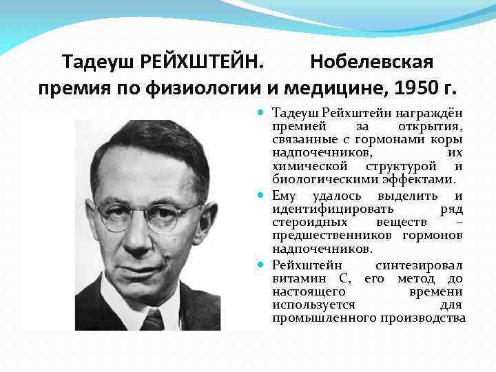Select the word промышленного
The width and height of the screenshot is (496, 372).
pyautogui.click(x=324, y=318)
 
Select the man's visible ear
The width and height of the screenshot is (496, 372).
pyautogui.click(x=203, y=221)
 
